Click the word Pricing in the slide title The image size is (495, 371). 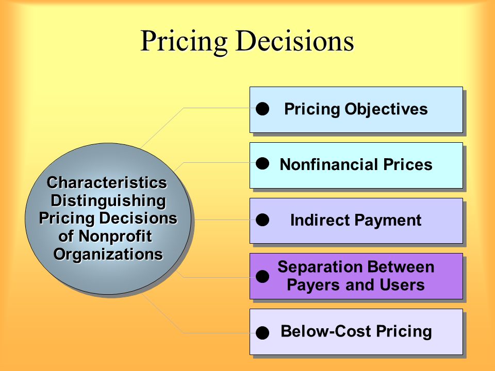184,42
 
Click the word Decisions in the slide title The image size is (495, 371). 295,41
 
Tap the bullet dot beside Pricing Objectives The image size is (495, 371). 262,109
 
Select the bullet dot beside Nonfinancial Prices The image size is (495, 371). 262,164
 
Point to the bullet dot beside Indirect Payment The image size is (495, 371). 262,220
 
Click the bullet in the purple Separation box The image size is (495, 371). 262,276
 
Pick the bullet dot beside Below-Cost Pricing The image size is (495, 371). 262,333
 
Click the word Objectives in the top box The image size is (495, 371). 386,110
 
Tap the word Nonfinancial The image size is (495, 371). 329,164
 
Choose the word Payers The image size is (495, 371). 313,285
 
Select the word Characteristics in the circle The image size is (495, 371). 107,182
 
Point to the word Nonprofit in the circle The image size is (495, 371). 115,237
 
